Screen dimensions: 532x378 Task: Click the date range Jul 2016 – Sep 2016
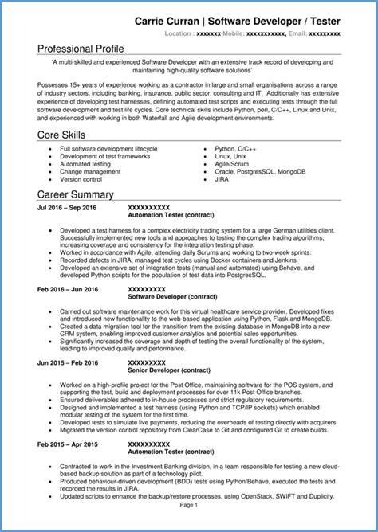[x=66, y=208]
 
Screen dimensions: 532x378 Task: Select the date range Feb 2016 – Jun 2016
[x=67, y=289]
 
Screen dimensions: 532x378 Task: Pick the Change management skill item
[x=90, y=171]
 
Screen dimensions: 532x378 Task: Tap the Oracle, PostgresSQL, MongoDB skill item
[x=258, y=171]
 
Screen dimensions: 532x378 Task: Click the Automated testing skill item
[x=86, y=164]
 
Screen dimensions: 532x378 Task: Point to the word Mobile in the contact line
[x=234, y=35]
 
